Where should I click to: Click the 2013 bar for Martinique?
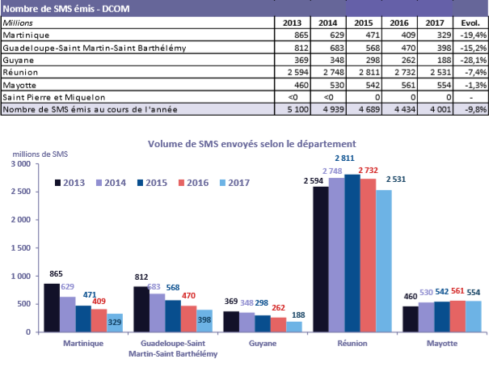52,307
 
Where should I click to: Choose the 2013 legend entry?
70,183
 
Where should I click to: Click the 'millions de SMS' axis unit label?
37,154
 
